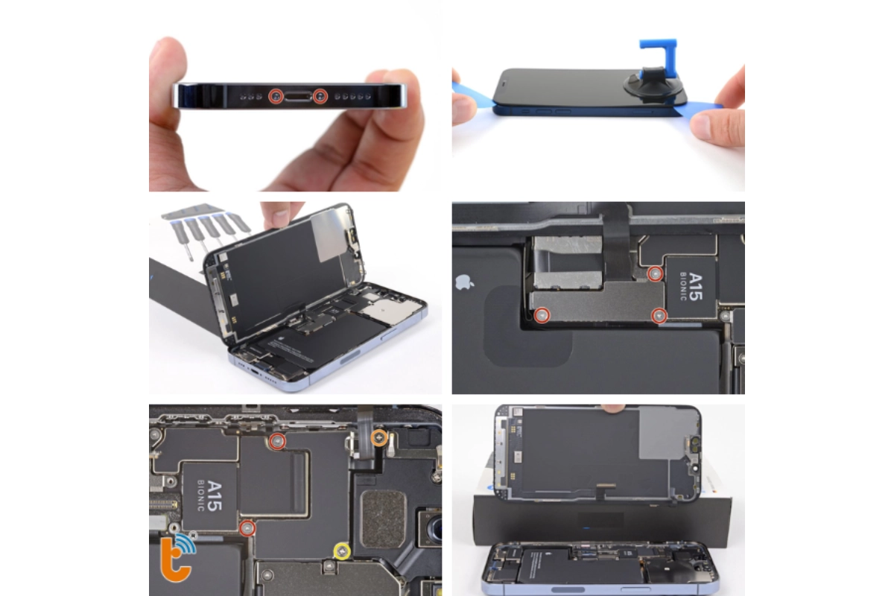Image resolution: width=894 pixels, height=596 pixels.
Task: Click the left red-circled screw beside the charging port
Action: [276, 95]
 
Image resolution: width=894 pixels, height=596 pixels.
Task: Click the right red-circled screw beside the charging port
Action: [321, 95]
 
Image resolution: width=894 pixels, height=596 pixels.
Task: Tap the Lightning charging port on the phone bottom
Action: [298, 95]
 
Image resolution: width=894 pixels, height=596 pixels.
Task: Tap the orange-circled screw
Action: [379, 437]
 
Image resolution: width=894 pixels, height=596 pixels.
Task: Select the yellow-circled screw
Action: [342, 551]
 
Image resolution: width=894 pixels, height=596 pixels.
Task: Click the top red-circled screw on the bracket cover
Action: [655, 274]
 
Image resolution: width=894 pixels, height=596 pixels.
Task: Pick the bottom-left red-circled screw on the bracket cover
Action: [543, 316]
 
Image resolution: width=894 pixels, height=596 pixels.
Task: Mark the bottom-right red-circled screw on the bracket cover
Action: [659, 316]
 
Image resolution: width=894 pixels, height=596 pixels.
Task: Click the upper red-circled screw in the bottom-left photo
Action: [277, 442]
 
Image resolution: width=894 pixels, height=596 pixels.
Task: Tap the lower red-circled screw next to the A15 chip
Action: [247, 528]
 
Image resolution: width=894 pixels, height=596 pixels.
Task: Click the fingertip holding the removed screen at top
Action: [613, 408]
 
